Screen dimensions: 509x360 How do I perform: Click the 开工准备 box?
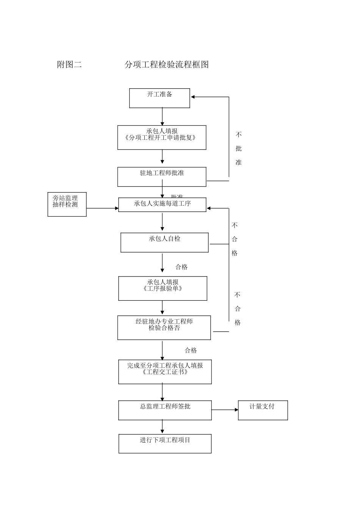(160, 98)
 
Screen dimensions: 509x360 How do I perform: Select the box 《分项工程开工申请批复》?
(162, 137)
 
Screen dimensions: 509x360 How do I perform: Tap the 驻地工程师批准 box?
(162, 176)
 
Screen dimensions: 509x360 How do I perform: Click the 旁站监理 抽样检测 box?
(67, 205)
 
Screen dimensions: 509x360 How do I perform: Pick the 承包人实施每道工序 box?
(162, 205)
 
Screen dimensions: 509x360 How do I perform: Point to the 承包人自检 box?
(164, 242)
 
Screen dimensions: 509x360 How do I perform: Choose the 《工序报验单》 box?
(163, 288)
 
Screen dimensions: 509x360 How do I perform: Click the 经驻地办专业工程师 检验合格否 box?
(164, 328)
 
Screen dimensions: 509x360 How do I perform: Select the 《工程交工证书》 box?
(165, 372)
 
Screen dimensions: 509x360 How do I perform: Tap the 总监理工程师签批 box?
(165, 411)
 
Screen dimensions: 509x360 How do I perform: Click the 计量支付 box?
(263, 410)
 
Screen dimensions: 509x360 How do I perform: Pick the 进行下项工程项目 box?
(165, 443)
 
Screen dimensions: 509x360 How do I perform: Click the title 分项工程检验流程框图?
(167, 64)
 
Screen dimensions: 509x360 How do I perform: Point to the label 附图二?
(69, 64)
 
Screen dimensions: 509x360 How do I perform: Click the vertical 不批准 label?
(238, 148)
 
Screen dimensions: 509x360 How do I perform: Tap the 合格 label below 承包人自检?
(182, 267)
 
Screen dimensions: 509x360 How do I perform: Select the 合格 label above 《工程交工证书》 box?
(191, 350)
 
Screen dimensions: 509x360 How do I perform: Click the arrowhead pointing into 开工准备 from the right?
(193, 97)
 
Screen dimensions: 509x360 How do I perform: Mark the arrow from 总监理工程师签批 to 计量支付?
(225, 410)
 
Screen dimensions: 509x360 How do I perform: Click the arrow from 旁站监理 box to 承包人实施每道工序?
(102, 208)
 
